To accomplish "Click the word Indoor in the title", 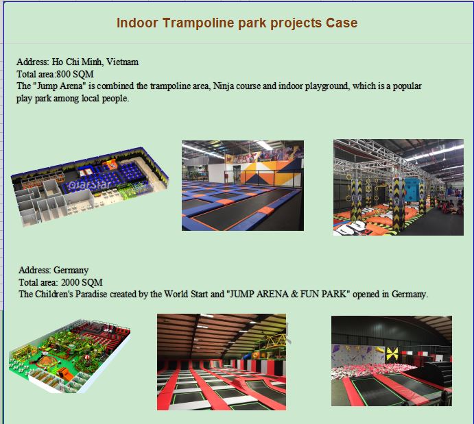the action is click(137, 23).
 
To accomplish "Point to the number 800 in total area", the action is click(63, 74).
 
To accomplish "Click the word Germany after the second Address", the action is click(71, 270).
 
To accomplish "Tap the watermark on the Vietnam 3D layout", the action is click(89, 184).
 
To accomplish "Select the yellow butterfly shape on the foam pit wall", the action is click(392, 353).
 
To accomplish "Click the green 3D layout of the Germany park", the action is click(70, 356).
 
